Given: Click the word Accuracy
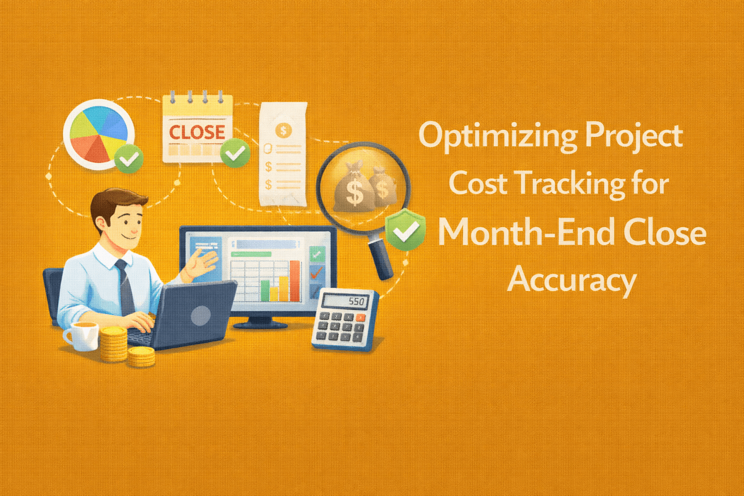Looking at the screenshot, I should (x=572, y=280).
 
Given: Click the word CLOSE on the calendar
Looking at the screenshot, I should (x=197, y=132).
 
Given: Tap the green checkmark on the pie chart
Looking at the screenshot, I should (x=129, y=158).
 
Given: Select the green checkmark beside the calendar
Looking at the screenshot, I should (x=235, y=153).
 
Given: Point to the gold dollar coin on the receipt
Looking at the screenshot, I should (x=283, y=130).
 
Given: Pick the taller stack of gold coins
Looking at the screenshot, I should (x=113, y=344).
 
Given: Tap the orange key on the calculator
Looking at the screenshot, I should (x=361, y=318).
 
